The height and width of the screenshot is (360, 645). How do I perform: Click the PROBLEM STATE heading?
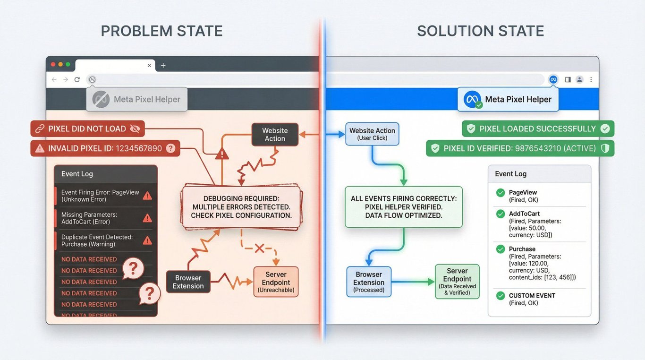161,31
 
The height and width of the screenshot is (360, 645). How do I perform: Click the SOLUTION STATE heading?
480,31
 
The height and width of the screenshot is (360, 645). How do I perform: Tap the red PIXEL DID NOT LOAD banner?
87,129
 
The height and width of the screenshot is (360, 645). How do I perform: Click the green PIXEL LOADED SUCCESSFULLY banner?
538,129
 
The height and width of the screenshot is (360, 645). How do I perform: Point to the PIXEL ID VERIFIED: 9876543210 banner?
520,148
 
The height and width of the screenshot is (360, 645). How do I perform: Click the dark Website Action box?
275,135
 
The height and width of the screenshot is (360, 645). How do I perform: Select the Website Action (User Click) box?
372,134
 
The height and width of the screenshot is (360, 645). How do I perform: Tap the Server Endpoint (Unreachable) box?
276,282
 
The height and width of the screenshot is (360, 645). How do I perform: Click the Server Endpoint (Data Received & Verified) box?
457,282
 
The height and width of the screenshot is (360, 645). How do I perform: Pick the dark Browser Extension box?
188,282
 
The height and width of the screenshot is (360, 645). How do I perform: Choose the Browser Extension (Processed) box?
369,282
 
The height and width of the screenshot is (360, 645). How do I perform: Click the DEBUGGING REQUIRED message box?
241,207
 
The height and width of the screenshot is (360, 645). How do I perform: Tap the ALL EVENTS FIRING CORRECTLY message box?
403,207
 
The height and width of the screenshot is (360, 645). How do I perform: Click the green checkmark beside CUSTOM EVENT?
501,296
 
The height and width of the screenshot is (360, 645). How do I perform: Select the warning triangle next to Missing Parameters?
147,218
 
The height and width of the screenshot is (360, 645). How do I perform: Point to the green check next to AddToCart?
501,214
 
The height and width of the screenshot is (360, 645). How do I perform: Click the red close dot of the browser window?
53,64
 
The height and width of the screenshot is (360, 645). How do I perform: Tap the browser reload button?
77,79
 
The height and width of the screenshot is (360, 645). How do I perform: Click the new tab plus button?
163,65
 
